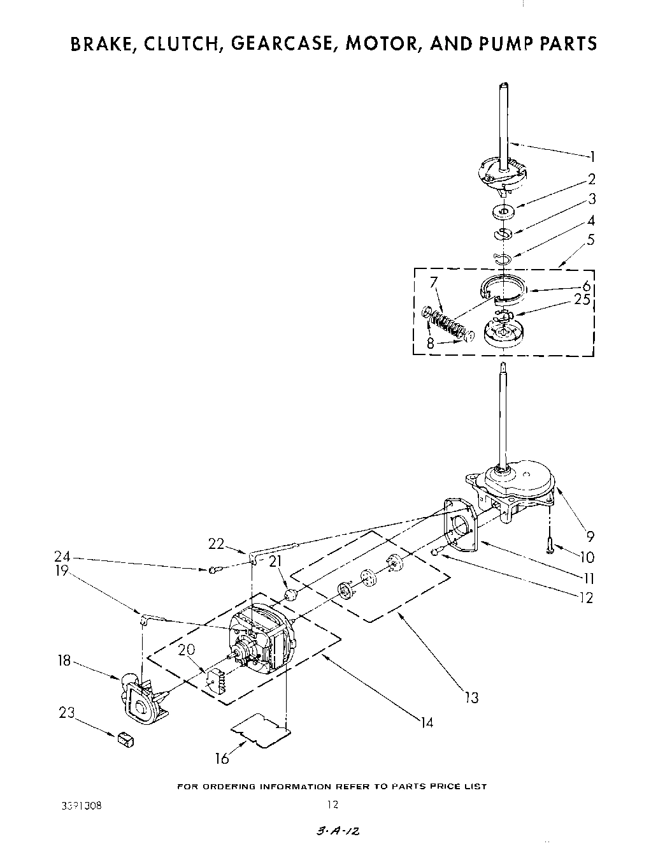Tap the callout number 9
(x=590, y=537)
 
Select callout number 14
(x=426, y=722)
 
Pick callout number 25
(x=582, y=300)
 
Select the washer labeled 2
(x=503, y=211)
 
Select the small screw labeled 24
(x=214, y=569)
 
